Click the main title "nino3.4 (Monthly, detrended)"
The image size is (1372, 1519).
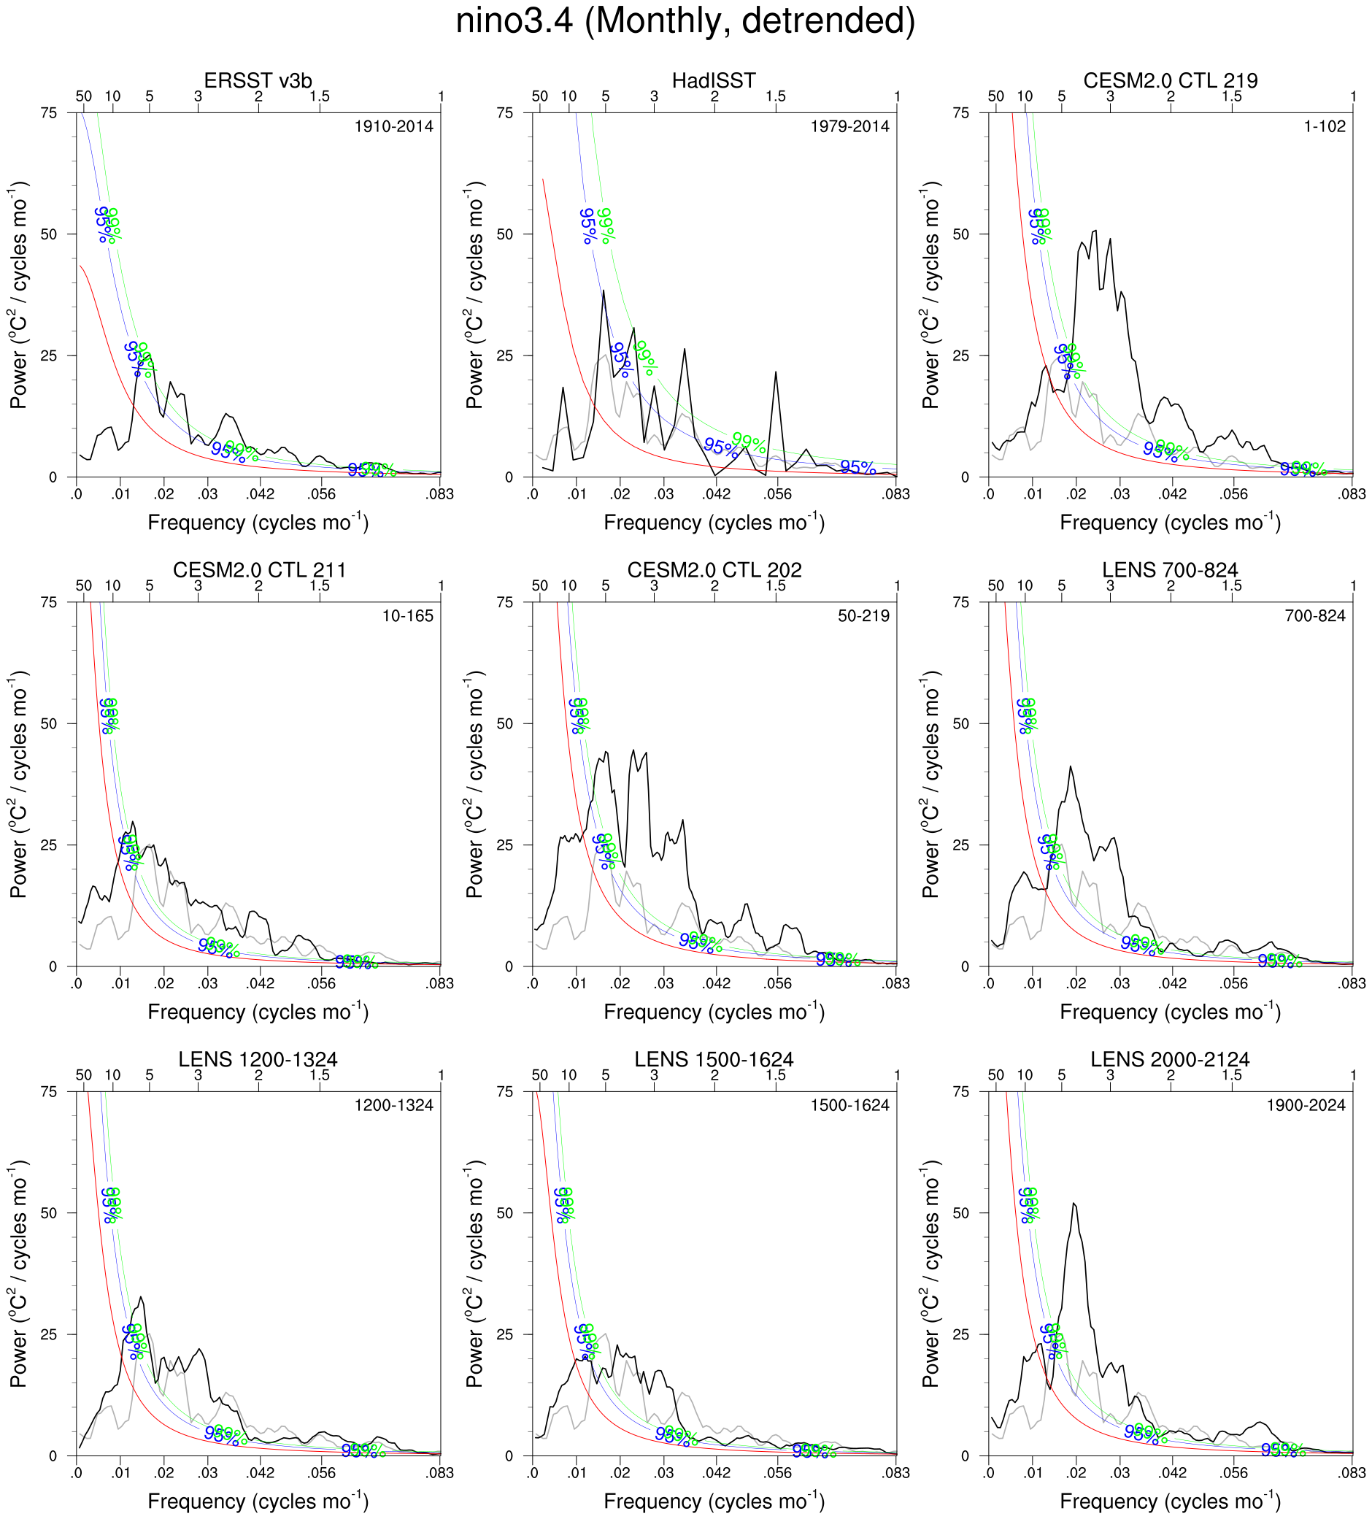click(x=685, y=21)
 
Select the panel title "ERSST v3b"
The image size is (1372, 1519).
click(x=258, y=80)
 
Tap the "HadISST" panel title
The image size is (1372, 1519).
click(x=714, y=80)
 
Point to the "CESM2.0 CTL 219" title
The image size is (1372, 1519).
click(x=1170, y=80)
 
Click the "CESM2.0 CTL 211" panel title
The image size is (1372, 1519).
click(x=259, y=569)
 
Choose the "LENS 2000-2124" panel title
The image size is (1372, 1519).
click(x=1170, y=1059)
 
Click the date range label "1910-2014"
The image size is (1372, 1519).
click(x=394, y=126)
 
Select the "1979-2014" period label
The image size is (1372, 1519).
click(x=850, y=126)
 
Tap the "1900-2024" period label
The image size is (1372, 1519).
click(x=1306, y=1105)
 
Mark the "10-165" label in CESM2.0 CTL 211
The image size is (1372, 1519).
click(x=408, y=615)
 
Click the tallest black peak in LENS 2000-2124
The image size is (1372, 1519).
click(x=1074, y=1204)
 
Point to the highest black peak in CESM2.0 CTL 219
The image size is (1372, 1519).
click(x=1095, y=231)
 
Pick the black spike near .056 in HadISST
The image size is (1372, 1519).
click(x=775, y=372)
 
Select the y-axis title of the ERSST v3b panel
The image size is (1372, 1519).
click(x=19, y=295)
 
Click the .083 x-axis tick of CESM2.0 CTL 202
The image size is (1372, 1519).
click(x=896, y=983)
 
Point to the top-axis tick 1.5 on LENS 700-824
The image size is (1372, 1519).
click(x=1232, y=586)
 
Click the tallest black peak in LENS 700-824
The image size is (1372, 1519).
click(x=1071, y=767)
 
